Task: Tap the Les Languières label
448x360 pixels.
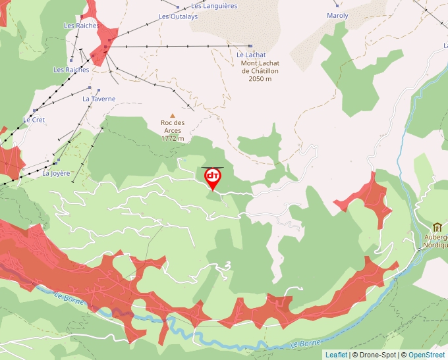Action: (214, 6)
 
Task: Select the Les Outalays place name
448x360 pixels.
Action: (178, 16)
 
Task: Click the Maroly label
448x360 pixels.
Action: (337, 15)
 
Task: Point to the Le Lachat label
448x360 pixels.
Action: (251, 55)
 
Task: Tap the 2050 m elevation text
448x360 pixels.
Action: (260, 79)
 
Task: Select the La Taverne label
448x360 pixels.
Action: (99, 99)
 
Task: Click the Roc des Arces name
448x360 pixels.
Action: (173, 126)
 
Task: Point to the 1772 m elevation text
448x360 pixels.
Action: (173, 139)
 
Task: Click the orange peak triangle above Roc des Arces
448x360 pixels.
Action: (173, 116)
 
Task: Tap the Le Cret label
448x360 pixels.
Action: (34, 120)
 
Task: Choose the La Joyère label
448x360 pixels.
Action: (56, 174)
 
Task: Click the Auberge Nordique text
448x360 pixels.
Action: (435, 241)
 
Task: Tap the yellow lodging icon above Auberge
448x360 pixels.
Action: (437, 227)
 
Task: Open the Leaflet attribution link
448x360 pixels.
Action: (336, 355)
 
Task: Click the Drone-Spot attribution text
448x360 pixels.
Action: (378, 355)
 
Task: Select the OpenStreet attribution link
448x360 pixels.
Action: (428, 355)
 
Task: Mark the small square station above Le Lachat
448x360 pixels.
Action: (250, 46)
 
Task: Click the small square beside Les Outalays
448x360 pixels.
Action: (178, 8)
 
